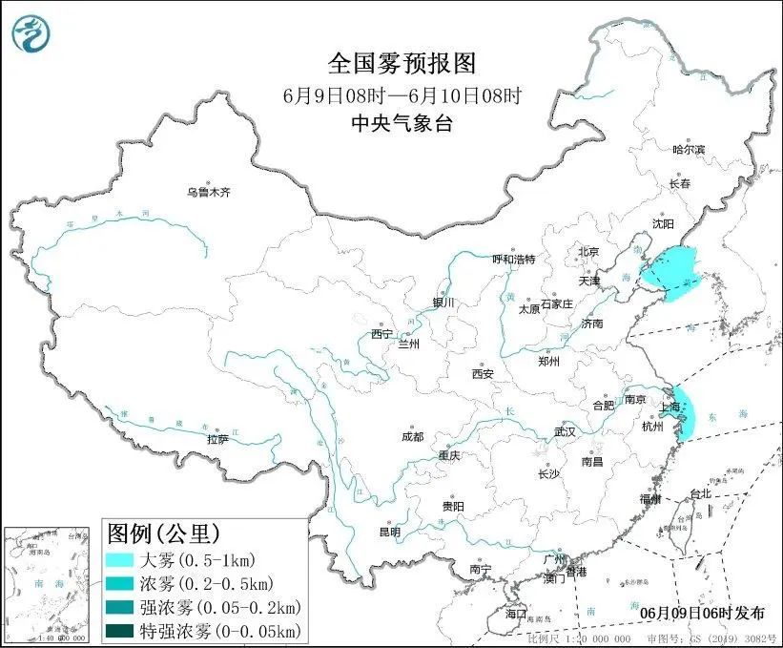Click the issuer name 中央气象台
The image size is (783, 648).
(402, 122)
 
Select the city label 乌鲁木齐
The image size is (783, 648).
(208, 192)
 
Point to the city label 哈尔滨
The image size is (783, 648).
(688, 150)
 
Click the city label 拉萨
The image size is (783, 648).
(217, 439)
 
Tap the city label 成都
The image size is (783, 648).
(412, 437)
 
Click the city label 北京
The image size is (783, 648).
(587, 252)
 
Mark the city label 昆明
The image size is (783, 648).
(391, 532)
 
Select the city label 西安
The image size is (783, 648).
(482, 374)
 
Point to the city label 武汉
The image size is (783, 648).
(565, 431)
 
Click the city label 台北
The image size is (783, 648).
(700, 494)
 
